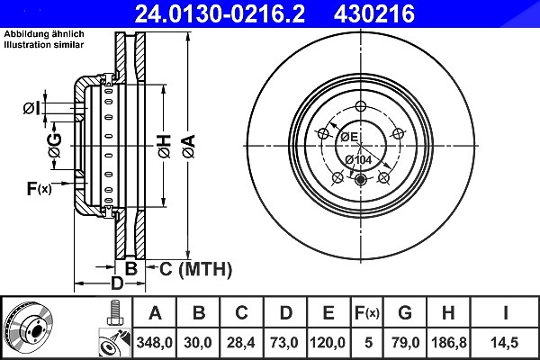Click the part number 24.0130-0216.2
[x=220, y=13]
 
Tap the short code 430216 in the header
[x=374, y=13]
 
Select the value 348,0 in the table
[x=154, y=342]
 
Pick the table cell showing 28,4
[x=240, y=342]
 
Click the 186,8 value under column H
[x=449, y=342]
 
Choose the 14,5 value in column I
[x=505, y=342]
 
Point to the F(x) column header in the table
[x=367, y=313]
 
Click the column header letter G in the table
[x=405, y=313]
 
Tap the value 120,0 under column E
[x=328, y=342]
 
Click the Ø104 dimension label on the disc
[x=358, y=159]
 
